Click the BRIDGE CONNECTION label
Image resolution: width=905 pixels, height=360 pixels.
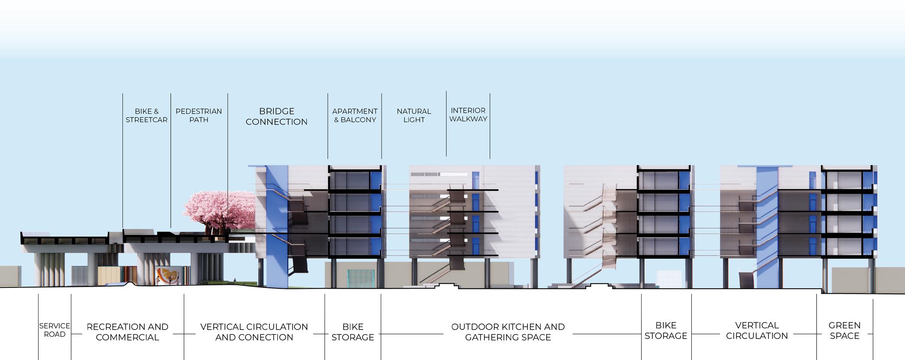click(276, 116)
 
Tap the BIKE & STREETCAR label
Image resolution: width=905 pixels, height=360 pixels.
click(146, 115)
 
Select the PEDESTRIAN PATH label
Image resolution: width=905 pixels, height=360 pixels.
click(199, 115)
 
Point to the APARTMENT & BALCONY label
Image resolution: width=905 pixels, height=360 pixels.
click(355, 115)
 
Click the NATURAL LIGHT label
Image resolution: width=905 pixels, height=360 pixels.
click(414, 115)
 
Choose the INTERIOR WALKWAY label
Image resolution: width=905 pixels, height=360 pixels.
click(468, 115)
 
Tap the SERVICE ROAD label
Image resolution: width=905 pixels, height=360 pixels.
click(54, 330)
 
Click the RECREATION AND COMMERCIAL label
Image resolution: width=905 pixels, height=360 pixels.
click(127, 332)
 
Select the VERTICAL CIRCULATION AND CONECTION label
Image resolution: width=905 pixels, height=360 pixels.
click(254, 332)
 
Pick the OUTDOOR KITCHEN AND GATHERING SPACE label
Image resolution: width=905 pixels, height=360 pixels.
click(508, 332)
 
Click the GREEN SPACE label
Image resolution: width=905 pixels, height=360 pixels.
click(844, 330)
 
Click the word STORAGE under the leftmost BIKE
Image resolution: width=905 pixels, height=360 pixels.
click(353, 338)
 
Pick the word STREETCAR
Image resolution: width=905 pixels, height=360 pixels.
click(146, 120)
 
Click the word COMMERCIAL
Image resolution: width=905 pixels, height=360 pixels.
click(127, 338)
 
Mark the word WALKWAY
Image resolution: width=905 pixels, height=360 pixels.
click(468, 119)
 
